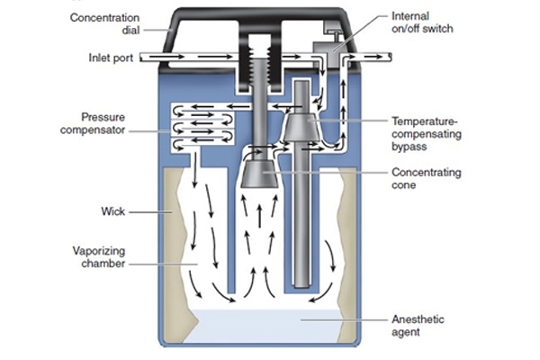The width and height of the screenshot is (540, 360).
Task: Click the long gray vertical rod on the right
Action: tap(302, 225)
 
